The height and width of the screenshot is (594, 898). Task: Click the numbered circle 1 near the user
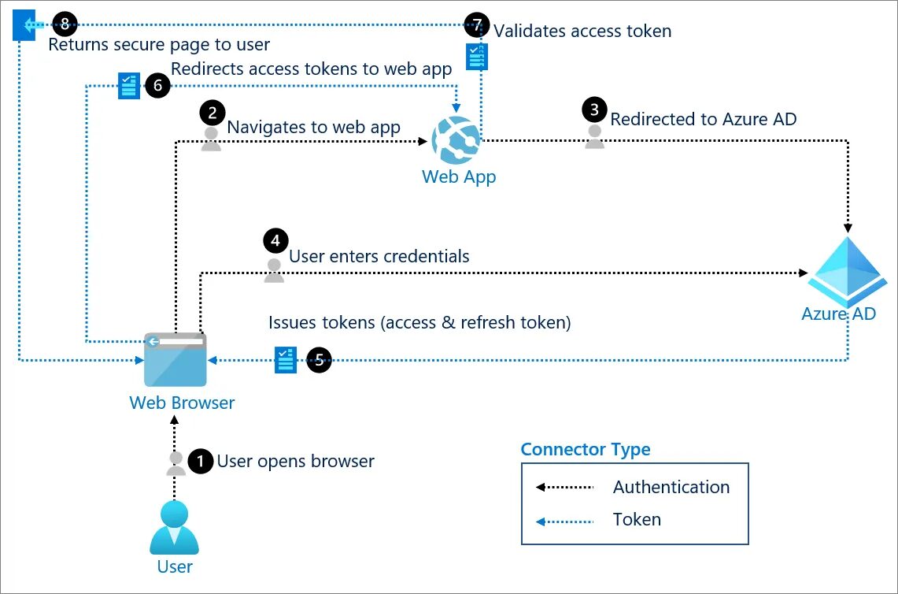[201, 462]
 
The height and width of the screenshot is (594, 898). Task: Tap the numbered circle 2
[212, 113]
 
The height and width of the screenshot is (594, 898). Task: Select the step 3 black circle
[594, 110]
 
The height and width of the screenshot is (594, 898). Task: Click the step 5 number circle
[319, 361]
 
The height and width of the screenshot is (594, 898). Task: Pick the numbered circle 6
[157, 86]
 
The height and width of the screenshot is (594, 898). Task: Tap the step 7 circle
[476, 24]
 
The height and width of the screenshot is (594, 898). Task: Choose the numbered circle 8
[65, 24]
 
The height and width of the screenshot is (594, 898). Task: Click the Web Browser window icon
[176, 359]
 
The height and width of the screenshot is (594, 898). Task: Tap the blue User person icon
[175, 528]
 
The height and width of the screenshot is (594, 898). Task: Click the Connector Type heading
[586, 450]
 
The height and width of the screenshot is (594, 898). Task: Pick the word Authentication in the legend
[671, 487]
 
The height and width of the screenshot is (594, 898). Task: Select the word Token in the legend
[637, 519]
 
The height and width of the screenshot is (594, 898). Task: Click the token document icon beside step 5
[286, 359]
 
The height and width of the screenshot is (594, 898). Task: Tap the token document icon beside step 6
[128, 86]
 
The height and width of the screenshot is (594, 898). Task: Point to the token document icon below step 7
[477, 57]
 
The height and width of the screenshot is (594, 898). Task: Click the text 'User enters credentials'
[379, 257]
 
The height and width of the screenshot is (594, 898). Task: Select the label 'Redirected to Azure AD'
[704, 119]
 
